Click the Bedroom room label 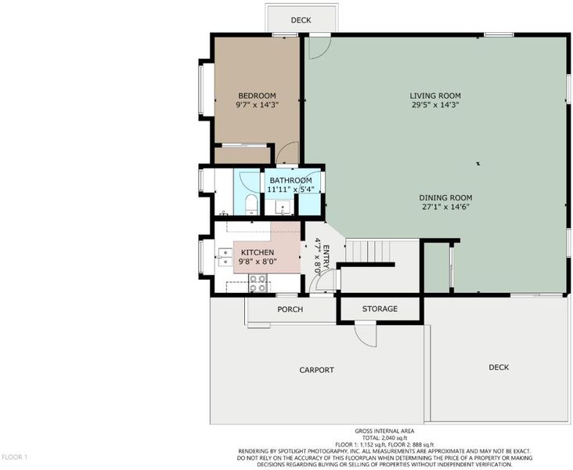(x=257, y=96)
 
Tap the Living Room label (x=435, y=96)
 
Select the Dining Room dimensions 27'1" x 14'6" (x=445, y=207)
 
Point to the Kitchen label (x=258, y=252)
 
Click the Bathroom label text (x=290, y=180)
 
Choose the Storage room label (x=380, y=309)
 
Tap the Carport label (x=316, y=370)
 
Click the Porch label (x=290, y=309)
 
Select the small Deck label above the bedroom (x=301, y=20)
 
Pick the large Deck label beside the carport (x=499, y=367)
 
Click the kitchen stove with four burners (x=258, y=284)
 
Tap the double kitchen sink (x=225, y=257)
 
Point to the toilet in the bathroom (x=251, y=205)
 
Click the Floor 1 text (x=15, y=457)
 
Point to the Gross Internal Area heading (x=384, y=431)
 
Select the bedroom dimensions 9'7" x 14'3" (x=257, y=105)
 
